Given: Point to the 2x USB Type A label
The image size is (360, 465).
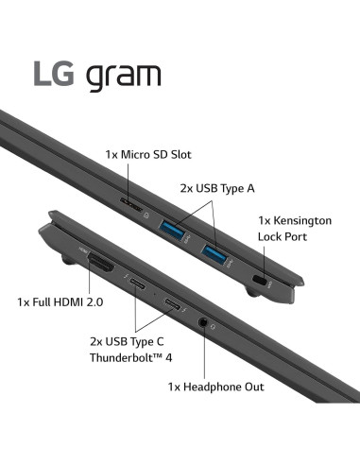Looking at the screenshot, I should coord(216,188).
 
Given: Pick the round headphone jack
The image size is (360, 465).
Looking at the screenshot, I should coord(204,324).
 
